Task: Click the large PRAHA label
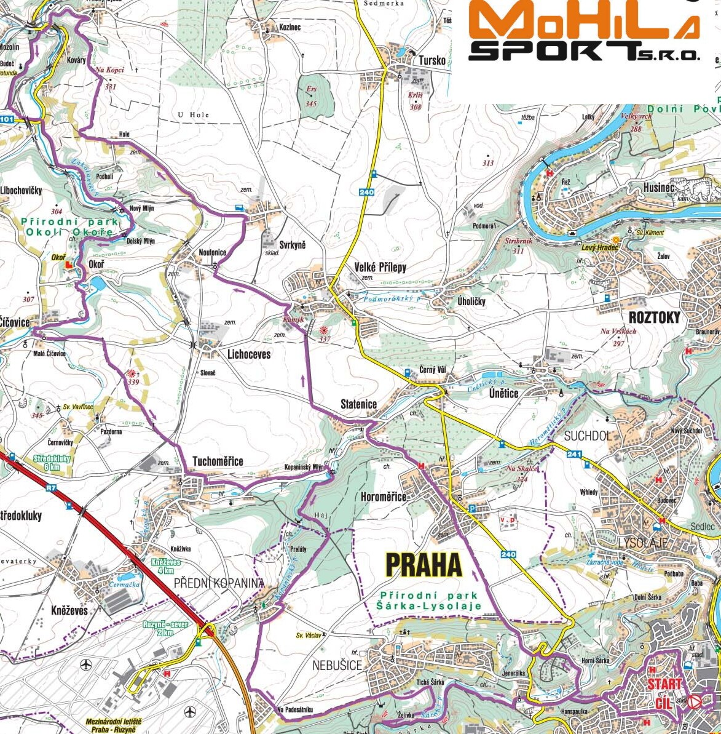[424, 565]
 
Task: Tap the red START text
[664, 684]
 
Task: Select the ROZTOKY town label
[655, 317]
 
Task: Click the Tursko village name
[431, 60]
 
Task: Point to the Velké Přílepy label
[380, 267]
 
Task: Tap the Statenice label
[359, 404]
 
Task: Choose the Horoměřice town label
[384, 497]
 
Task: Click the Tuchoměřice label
[218, 461]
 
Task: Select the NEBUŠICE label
[337, 665]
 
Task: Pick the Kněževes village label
[69, 610]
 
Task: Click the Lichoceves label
[249, 354]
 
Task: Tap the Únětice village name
[503, 393]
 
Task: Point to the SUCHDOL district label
[588, 436]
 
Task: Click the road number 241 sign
[574, 455]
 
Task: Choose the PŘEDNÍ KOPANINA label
[219, 583]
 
